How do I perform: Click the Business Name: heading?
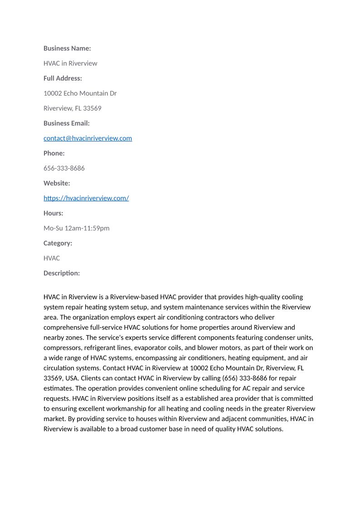pos(67,48)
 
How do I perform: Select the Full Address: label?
pos(63,78)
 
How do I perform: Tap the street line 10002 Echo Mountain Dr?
pos(80,93)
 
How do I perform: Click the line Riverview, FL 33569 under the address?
pos(73,108)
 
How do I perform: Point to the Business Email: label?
pos(67,123)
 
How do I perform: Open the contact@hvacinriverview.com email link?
pos(88,138)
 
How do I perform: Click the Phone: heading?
pos(54,153)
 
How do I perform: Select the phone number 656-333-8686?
pos(64,168)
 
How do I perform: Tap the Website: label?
pos(57,183)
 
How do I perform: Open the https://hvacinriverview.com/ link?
pos(86,198)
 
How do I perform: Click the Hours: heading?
pos(54,213)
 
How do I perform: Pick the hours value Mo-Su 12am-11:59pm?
pos(76,228)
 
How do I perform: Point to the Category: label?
pos(58,243)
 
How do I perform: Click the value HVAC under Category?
pos(52,258)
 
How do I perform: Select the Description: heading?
pos(62,273)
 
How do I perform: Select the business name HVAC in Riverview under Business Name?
pos(70,63)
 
